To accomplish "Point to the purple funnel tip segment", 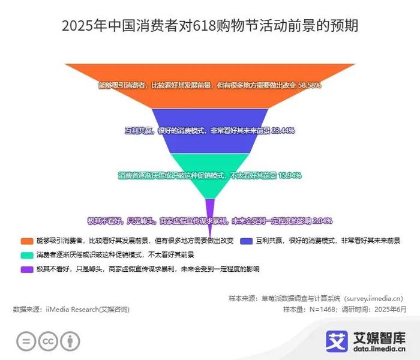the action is click(210, 212).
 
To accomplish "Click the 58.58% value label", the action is click(310, 85).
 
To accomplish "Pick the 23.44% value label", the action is click(283, 130).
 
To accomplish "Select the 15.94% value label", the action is click(290, 175).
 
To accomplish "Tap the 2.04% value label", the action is click(323, 221).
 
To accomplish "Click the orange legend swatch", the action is click(27, 241).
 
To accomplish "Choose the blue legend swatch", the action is click(247, 241).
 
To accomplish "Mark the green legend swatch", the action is click(27, 255).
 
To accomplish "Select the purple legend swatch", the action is click(27, 269).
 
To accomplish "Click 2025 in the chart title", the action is click(77, 26).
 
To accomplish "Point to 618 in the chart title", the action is click(204, 26).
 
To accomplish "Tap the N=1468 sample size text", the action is click(322, 310).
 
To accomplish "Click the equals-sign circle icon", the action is click(26, 341).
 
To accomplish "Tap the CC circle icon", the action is click(48, 341).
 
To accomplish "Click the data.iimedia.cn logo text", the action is click(379, 349).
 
